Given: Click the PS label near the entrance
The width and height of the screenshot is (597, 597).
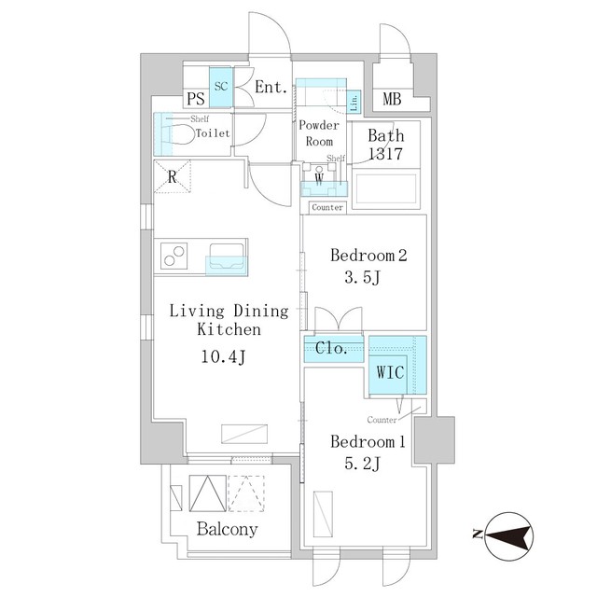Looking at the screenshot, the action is [x=196, y=99].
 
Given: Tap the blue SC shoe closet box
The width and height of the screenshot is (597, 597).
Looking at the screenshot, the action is [x=220, y=87].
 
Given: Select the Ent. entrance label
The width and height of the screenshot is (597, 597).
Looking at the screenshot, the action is [x=271, y=87].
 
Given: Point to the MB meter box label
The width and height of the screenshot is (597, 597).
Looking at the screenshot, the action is [x=392, y=99].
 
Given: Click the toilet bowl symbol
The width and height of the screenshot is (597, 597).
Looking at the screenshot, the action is [x=178, y=134].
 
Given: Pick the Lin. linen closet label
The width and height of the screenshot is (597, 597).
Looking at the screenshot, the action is [x=354, y=102].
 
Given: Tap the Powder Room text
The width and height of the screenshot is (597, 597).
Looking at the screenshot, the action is [x=319, y=133].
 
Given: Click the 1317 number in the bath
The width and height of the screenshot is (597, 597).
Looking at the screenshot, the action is [x=385, y=154].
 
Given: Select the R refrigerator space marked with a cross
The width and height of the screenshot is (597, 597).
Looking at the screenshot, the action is [x=172, y=176].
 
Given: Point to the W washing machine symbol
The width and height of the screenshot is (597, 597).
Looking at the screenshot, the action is [x=319, y=178].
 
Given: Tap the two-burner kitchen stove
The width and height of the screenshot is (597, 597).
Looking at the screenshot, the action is [x=174, y=256].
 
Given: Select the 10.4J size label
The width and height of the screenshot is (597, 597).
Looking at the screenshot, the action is [x=224, y=357].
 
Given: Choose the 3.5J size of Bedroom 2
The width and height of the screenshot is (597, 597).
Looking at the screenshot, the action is [x=363, y=278].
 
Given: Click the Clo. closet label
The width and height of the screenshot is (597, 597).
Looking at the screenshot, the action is [x=331, y=348].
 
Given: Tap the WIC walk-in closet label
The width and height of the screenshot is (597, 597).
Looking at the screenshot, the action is [x=390, y=372].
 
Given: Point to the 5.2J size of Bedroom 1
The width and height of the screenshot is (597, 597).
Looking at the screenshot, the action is [x=363, y=465].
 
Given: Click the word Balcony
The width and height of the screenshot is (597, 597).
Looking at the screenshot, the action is [x=228, y=530].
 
